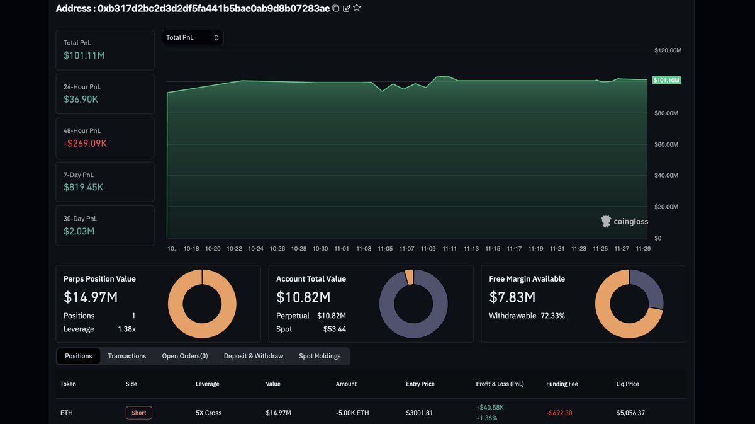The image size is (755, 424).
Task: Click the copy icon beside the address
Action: tap(336, 8)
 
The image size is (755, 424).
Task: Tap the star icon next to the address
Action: tap(357, 8)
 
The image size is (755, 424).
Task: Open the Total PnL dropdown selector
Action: tap(193, 38)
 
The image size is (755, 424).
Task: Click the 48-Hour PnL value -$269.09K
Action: tap(86, 143)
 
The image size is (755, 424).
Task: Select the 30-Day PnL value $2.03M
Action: tap(79, 231)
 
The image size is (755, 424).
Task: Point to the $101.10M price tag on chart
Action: tap(667, 80)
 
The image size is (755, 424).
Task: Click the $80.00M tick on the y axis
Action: tap(666, 113)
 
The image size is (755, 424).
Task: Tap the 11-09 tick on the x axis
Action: tap(428, 249)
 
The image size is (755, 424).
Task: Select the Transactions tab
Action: tap(127, 356)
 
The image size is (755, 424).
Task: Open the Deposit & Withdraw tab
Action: tap(254, 356)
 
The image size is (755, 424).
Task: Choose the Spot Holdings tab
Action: tap(320, 356)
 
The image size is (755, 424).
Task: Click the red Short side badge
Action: tap(139, 413)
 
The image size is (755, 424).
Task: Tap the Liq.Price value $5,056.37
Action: tap(630, 413)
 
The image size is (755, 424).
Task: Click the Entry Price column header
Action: tap(420, 384)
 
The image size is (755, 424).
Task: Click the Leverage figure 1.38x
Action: tap(126, 329)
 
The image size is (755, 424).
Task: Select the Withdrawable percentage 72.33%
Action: tap(552, 316)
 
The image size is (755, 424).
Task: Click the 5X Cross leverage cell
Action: tap(208, 413)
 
